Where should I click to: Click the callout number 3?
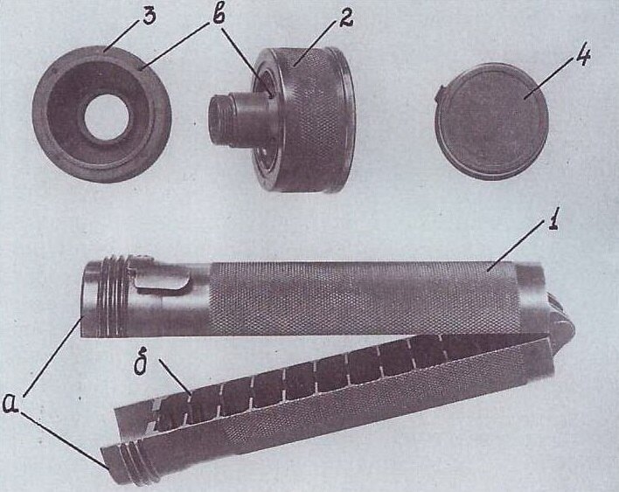[x=150, y=17]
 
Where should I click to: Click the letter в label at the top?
[x=216, y=17]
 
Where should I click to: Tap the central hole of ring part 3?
[x=107, y=117]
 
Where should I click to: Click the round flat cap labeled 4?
[x=491, y=121]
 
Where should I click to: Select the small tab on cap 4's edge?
[x=440, y=94]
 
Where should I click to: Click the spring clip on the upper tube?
[x=163, y=283]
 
